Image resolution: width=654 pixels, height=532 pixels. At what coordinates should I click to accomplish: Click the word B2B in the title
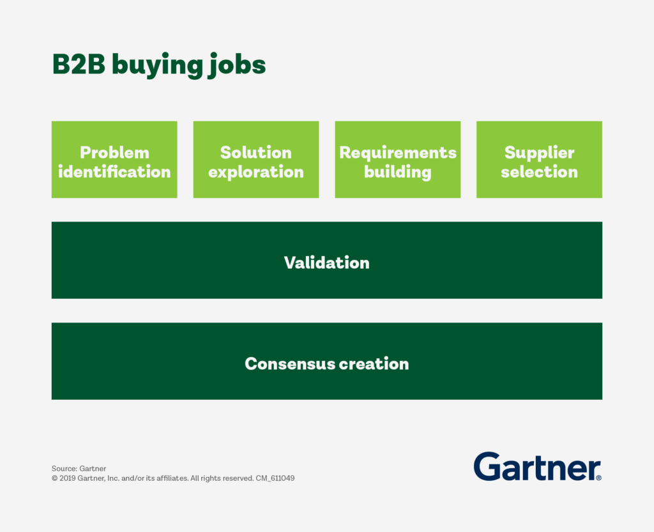(x=79, y=65)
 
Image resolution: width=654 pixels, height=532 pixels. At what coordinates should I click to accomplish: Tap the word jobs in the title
(x=236, y=65)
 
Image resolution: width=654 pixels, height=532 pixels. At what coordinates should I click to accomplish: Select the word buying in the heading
(x=158, y=66)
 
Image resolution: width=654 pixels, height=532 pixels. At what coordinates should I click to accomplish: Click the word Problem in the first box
(x=114, y=153)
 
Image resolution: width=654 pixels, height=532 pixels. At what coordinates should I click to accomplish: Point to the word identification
(x=114, y=172)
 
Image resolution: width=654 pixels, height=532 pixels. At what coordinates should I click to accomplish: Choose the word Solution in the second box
(x=256, y=153)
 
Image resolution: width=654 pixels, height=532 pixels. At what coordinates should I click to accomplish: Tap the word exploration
(x=256, y=172)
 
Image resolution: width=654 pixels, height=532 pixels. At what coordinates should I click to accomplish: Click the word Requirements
(x=398, y=153)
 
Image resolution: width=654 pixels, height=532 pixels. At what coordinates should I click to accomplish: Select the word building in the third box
(x=398, y=172)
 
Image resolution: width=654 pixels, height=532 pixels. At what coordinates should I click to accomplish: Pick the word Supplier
(x=539, y=153)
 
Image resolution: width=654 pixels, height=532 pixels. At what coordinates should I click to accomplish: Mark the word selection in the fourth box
(x=539, y=172)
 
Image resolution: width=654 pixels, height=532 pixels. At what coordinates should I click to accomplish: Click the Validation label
(x=327, y=262)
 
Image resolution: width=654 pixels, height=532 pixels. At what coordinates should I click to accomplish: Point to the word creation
(x=374, y=363)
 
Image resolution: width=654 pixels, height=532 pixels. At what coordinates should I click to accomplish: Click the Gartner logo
(x=537, y=466)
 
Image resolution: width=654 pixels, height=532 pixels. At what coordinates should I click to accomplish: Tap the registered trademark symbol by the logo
(x=599, y=478)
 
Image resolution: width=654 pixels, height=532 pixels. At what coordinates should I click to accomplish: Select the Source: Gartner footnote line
(x=79, y=469)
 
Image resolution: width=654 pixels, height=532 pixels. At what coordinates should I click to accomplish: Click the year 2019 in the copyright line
(x=67, y=478)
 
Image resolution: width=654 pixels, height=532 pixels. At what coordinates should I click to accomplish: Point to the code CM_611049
(x=275, y=478)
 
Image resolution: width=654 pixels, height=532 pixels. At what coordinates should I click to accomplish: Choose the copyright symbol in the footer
(x=55, y=478)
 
